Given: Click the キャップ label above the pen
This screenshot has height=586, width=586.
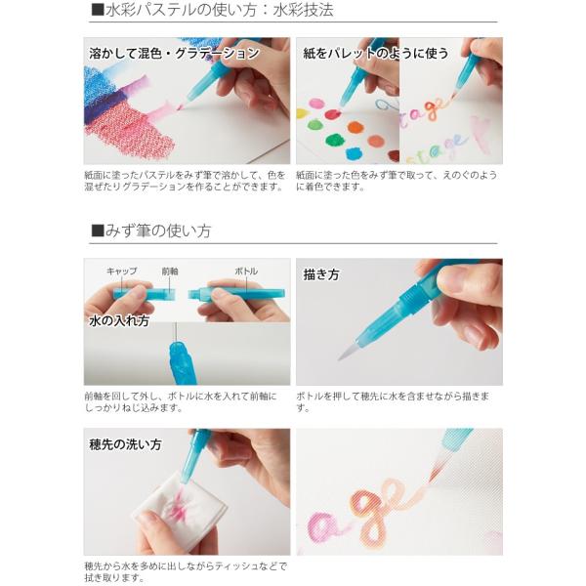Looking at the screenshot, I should (122, 271).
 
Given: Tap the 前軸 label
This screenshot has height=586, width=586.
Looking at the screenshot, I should (170, 271).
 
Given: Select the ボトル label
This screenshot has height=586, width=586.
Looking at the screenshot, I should (246, 271).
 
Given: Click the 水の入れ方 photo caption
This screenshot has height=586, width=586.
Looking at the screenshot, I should (118, 320).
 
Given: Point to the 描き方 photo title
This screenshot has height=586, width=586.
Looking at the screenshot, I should (321, 275).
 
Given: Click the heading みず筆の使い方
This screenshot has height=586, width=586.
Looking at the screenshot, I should (157, 231).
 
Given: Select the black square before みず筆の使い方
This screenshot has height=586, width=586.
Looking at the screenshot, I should (97, 231).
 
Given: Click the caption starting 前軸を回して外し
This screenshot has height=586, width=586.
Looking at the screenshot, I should (181, 401).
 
